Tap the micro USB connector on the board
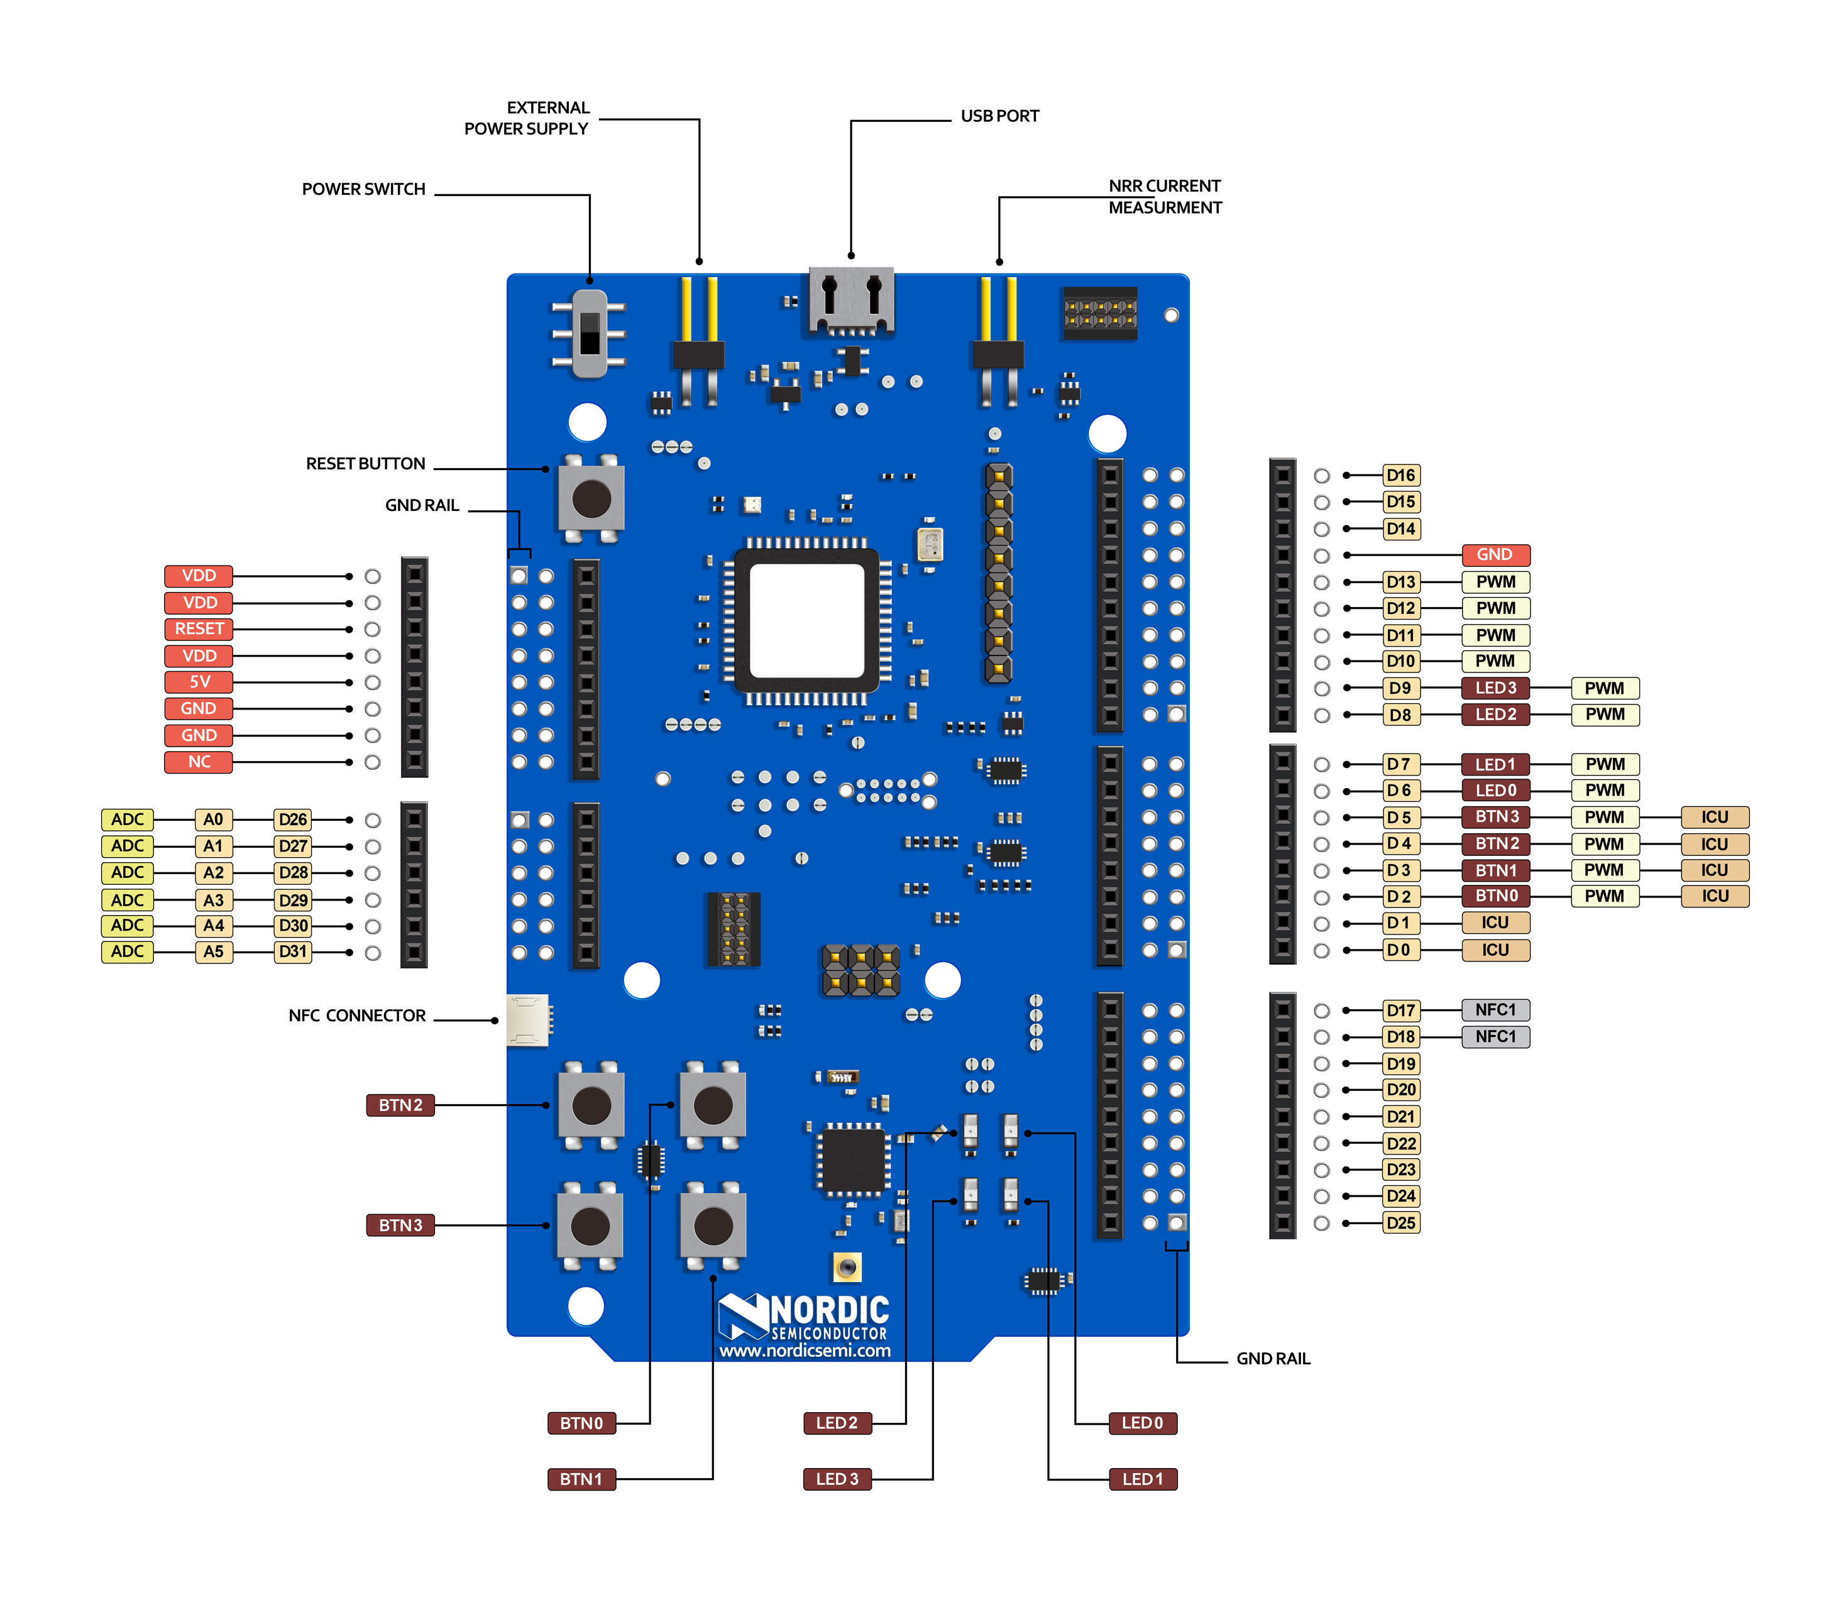pos(850,301)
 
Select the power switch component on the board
pos(590,333)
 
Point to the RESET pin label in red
pos(198,628)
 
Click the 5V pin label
pos(198,682)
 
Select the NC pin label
pos(198,762)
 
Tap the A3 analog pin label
pos(214,900)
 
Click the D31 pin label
pos(293,952)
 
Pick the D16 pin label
pos(1400,475)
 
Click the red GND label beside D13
pos(1494,554)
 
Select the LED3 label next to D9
pos(1495,688)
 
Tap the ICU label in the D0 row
pos(1495,950)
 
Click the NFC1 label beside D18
pos(1495,1037)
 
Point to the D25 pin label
pos(1400,1223)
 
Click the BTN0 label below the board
pos(581,1423)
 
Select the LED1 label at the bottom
pos(1142,1479)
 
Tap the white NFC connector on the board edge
pos(527,1020)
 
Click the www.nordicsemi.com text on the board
pos(805,1351)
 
